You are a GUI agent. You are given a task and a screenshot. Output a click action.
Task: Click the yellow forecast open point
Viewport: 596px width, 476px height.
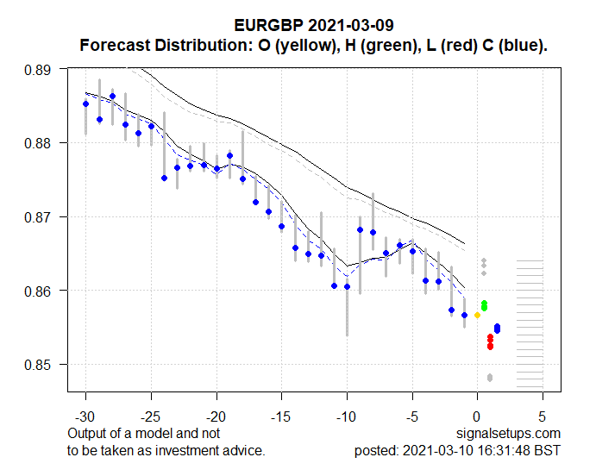coord(477,316)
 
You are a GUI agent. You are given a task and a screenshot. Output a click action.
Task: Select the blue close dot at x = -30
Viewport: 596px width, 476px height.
coord(85,103)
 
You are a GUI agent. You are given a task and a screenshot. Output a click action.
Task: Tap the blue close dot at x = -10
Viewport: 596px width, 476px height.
coord(347,286)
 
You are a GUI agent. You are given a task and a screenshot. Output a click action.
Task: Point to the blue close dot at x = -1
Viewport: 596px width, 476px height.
coord(464,315)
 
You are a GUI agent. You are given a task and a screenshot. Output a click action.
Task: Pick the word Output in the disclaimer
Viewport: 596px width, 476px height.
coord(86,433)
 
